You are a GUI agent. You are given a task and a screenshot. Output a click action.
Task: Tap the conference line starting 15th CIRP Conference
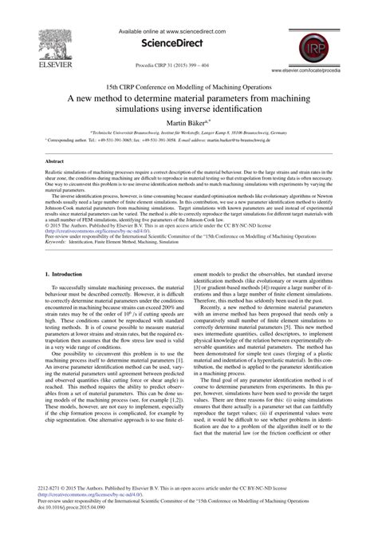click(188, 83)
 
